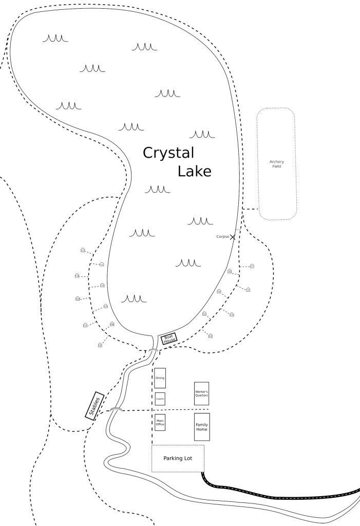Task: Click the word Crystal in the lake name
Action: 168,154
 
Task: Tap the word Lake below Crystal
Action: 194,172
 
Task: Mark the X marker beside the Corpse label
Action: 233,237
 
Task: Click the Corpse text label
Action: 222,237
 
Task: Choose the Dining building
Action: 160,378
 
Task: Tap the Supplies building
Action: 160,399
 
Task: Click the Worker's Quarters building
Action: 201,393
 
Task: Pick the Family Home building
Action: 201,426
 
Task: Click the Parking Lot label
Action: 178,458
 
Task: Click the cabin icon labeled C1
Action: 211,336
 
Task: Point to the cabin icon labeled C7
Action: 252,266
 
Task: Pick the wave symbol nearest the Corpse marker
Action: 200,221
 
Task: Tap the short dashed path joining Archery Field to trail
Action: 250,210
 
